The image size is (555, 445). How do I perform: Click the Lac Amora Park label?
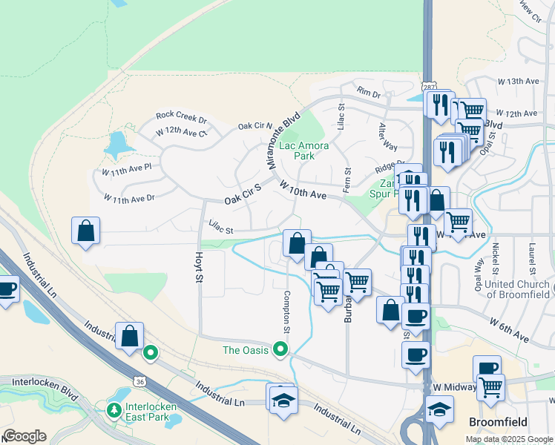click(303, 151)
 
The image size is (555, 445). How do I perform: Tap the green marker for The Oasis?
click(280, 348)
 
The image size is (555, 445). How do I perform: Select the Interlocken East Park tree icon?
click(115, 409)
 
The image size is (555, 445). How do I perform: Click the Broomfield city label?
click(499, 422)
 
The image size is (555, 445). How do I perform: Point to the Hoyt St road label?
click(198, 266)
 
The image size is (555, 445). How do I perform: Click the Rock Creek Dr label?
click(181, 117)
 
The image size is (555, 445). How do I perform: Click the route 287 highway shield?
click(430, 87)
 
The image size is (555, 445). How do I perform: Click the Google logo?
click(24, 436)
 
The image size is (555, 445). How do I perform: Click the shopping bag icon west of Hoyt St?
click(86, 231)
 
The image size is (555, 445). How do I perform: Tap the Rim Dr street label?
click(368, 93)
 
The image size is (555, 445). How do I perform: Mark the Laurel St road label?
click(532, 257)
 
